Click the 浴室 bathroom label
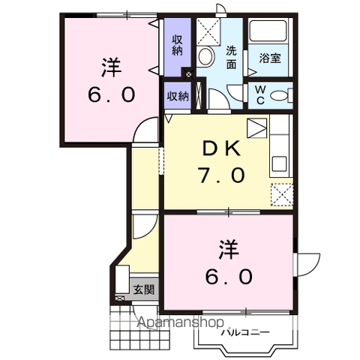click(x=270, y=58)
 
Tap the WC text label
click(x=259, y=95)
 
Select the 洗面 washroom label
click(x=232, y=58)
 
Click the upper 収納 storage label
click(x=177, y=45)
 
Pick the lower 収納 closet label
click(x=178, y=95)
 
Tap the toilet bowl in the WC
click(x=280, y=95)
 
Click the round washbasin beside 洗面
click(x=206, y=55)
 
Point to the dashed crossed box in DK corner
click(x=282, y=194)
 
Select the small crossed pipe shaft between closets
click(x=187, y=75)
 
